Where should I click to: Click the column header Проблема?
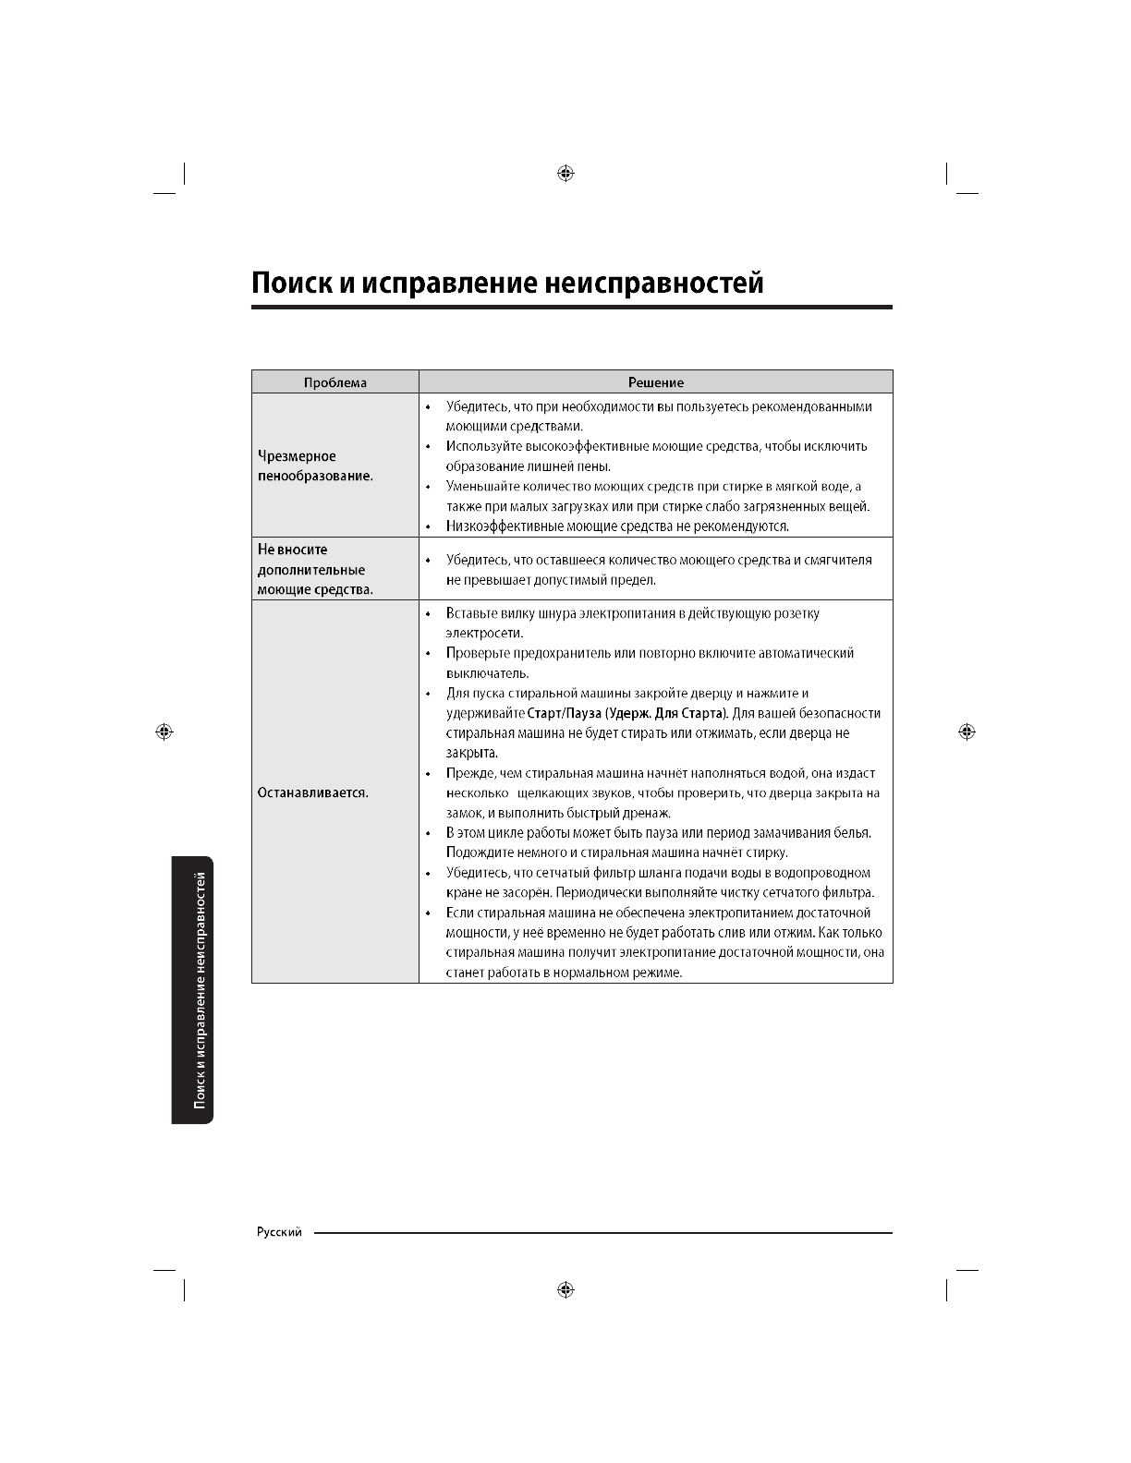pyautogui.click(x=335, y=382)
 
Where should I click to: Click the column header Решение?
pyautogui.click(x=655, y=382)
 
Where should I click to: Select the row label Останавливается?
pyautogui.click(x=312, y=792)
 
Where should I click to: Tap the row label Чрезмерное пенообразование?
pyautogui.click(x=315, y=466)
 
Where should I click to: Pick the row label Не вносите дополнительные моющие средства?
pyautogui.click(x=315, y=569)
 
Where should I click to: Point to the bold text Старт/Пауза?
pyautogui.click(x=564, y=713)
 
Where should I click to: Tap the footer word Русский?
pyautogui.click(x=279, y=1233)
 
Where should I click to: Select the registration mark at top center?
pyautogui.click(x=566, y=174)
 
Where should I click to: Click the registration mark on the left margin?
pyautogui.click(x=164, y=731)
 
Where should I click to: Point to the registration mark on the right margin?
pyautogui.click(x=967, y=731)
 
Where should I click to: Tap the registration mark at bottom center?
pyautogui.click(x=566, y=1289)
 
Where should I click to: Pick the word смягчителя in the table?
pyautogui.click(x=839, y=560)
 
